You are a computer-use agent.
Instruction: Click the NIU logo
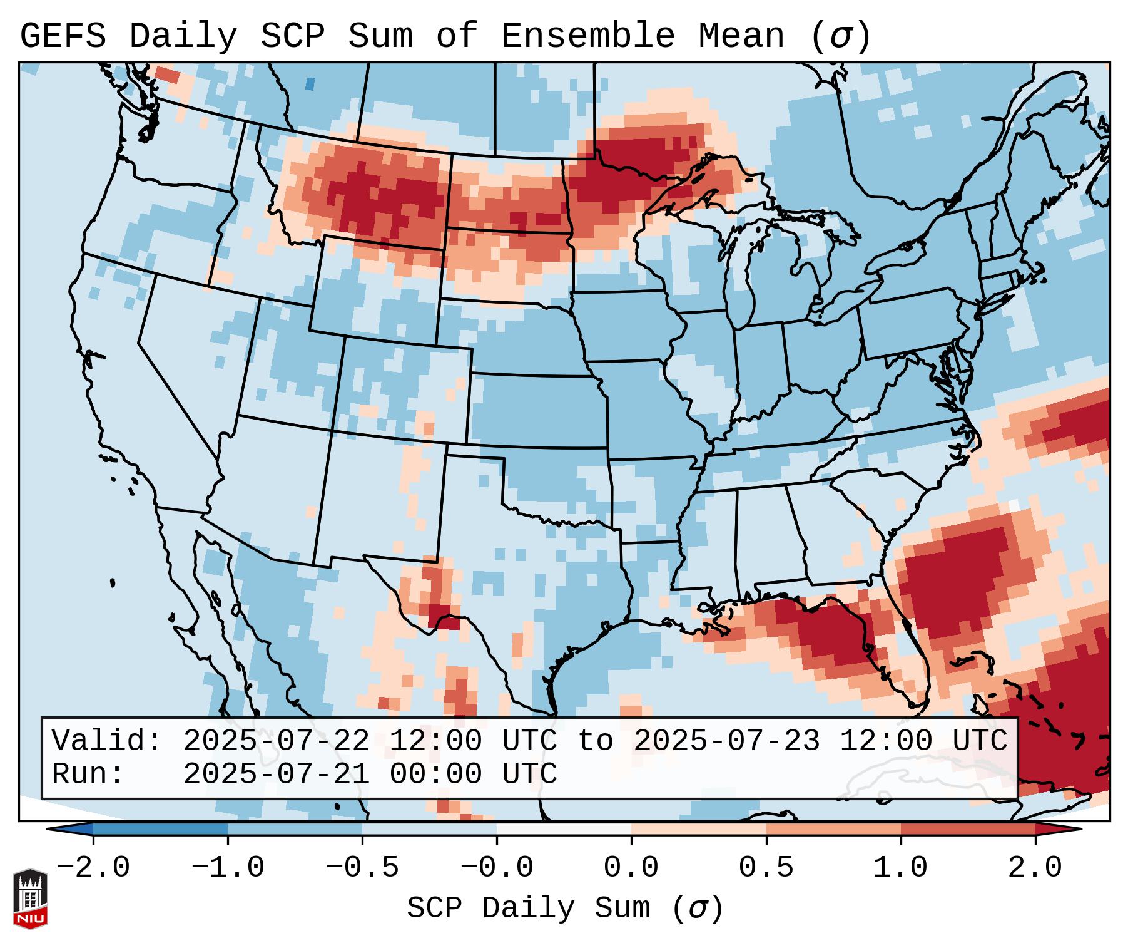pyautogui.click(x=30, y=898)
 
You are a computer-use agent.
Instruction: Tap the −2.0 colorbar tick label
pyautogui.click(x=93, y=868)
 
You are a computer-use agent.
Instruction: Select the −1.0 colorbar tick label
pyautogui.click(x=228, y=868)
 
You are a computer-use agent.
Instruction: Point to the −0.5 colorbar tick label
pyautogui.click(x=362, y=868)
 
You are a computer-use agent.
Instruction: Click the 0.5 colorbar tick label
pyautogui.click(x=766, y=868)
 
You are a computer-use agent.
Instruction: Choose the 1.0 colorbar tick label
pyautogui.click(x=900, y=868)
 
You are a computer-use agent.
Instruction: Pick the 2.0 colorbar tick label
pyautogui.click(x=1035, y=868)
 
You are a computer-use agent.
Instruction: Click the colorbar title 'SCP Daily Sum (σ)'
pyautogui.click(x=565, y=909)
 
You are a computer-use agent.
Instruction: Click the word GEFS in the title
pyautogui.click(x=63, y=36)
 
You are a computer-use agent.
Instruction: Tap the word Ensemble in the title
pyautogui.click(x=587, y=36)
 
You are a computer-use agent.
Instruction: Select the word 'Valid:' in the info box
pyautogui.click(x=106, y=741)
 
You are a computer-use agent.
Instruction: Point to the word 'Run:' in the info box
pyautogui.click(x=88, y=774)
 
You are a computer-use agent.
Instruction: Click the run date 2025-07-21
pyautogui.click(x=276, y=774)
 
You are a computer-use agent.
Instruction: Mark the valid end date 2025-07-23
pyautogui.click(x=726, y=741)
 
